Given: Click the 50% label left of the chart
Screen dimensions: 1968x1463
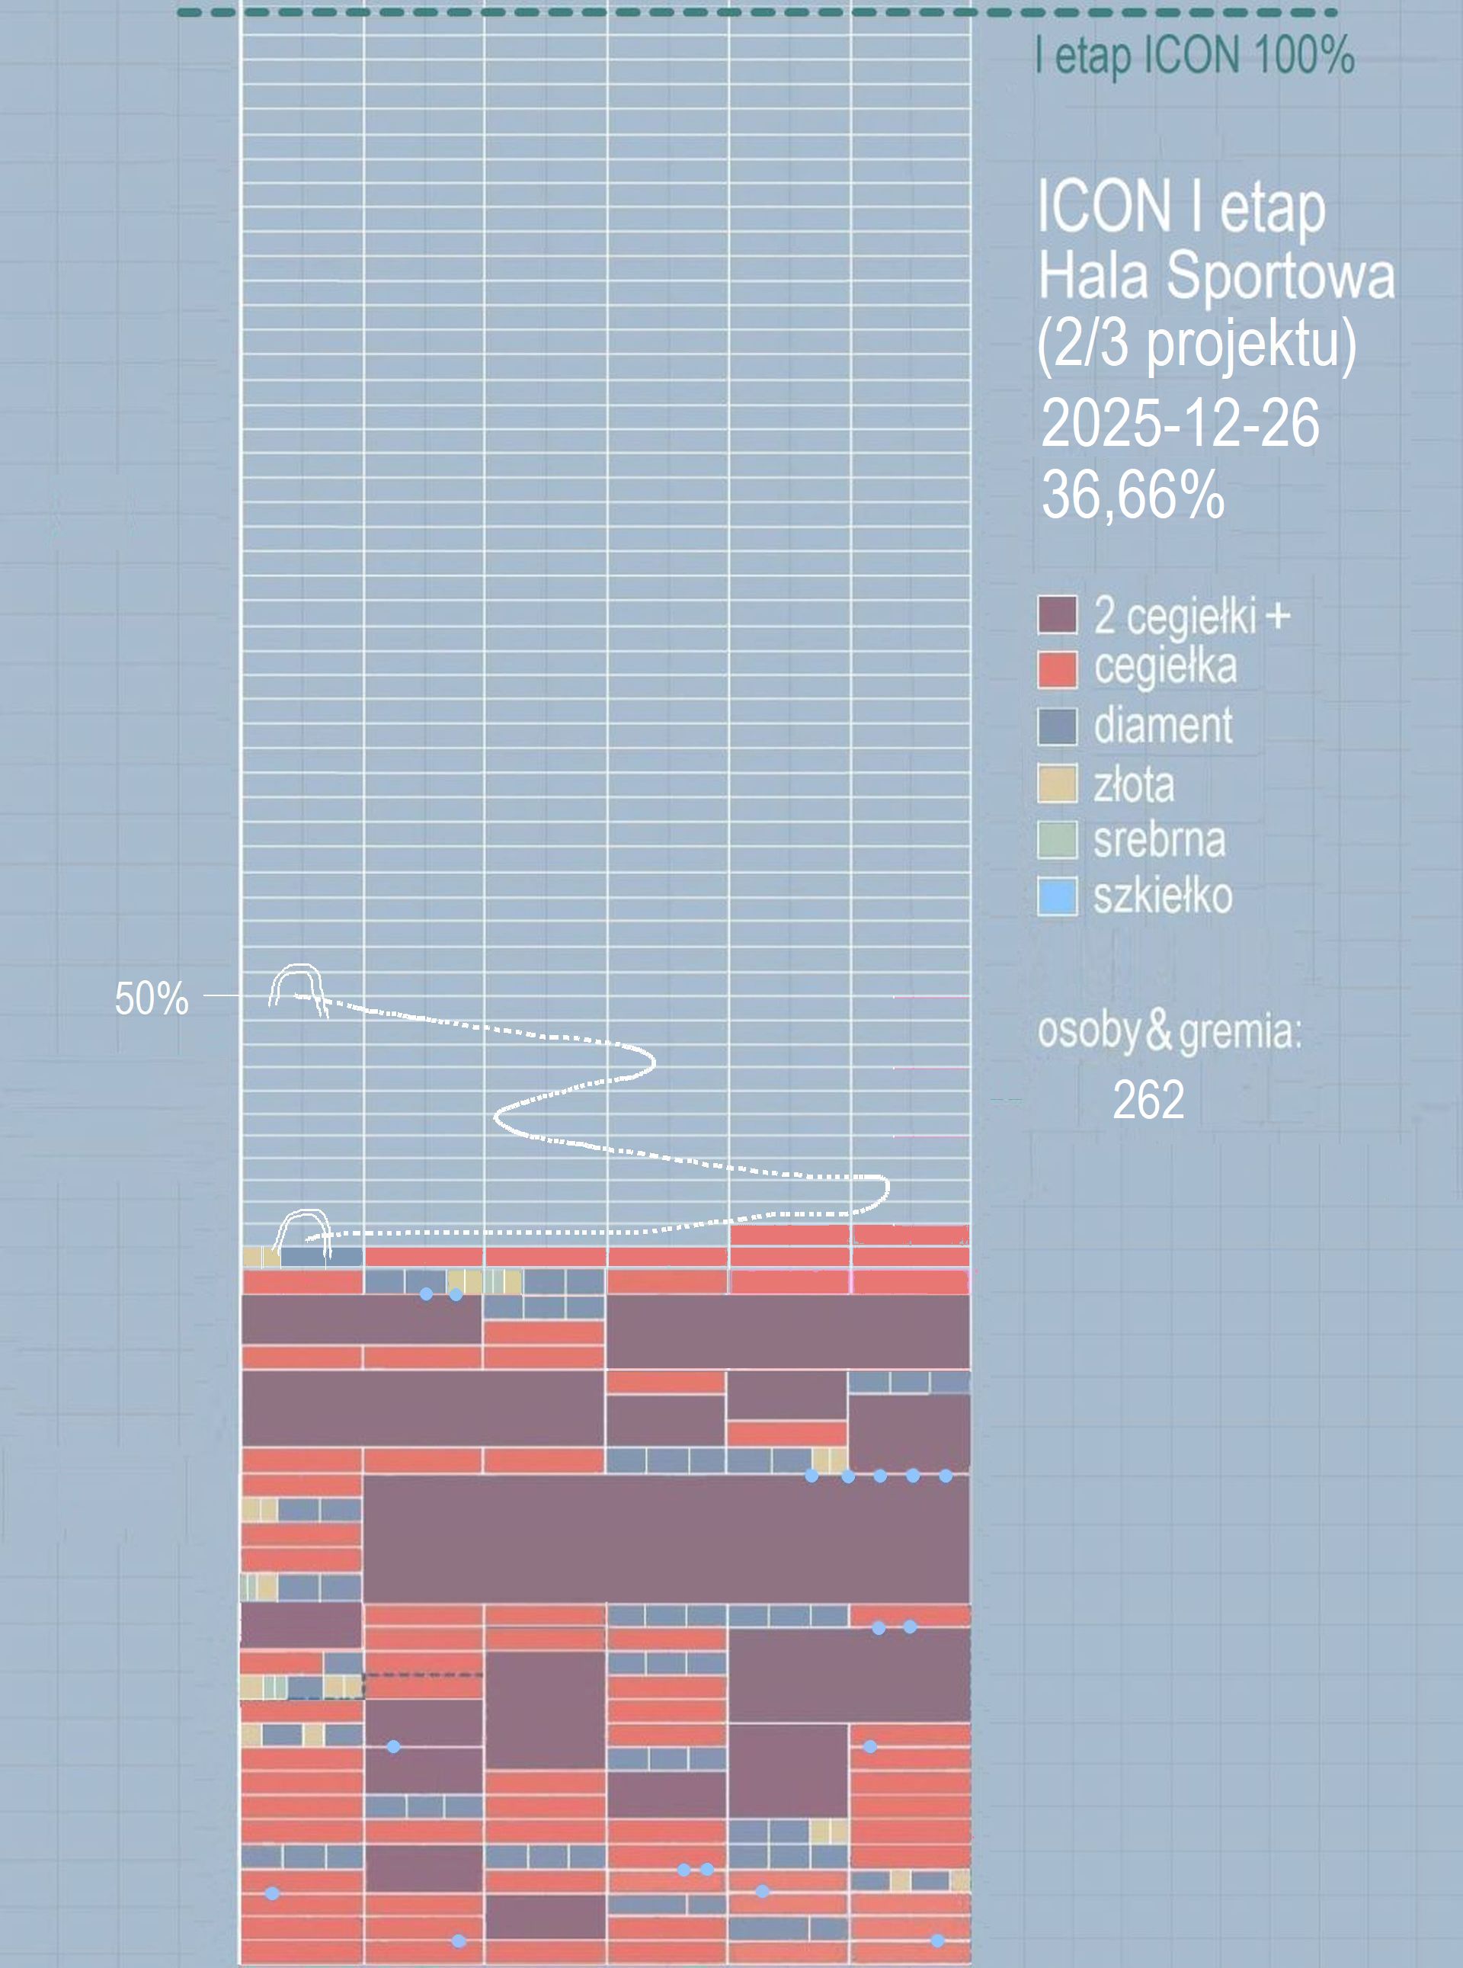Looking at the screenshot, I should click(x=152, y=998).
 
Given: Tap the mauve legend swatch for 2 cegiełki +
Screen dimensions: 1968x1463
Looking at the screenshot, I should click(x=1058, y=614).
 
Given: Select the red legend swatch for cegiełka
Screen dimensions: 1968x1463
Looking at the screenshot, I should click(x=1058, y=669).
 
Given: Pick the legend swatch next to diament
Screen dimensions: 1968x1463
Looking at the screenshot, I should click(x=1058, y=726).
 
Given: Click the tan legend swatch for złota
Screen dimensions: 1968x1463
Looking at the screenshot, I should click(x=1058, y=784).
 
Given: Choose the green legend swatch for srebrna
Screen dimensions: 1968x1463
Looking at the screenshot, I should click(x=1058, y=840).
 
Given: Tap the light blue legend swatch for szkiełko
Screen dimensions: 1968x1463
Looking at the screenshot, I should click(x=1058, y=896).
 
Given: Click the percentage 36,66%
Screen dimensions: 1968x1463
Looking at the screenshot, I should click(x=1134, y=494).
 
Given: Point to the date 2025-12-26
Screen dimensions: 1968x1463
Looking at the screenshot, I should click(x=1180, y=423).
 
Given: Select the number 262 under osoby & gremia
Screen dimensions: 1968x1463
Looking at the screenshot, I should click(x=1148, y=1100).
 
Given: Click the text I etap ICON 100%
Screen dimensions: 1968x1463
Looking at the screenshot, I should click(x=1195, y=56).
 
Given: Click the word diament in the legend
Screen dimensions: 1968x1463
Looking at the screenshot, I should click(x=1163, y=726).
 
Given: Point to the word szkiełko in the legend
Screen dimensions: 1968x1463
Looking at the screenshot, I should click(x=1163, y=896).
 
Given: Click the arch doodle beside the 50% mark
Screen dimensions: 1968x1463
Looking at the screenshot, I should click(x=296, y=985).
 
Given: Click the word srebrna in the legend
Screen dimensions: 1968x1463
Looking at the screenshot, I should click(x=1159, y=840).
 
